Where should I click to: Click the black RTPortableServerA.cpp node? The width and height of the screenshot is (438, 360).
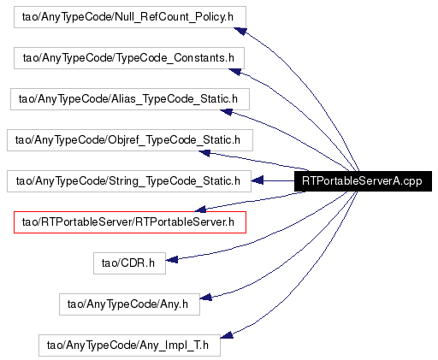coord(363,181)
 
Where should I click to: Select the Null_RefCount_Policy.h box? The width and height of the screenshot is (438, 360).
coord(130,17)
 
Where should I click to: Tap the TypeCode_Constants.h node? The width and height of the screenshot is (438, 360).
coord(129,58)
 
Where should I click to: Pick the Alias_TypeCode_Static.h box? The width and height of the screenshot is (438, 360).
coord(130,99)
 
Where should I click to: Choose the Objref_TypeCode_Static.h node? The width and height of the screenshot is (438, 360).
coord(130,140)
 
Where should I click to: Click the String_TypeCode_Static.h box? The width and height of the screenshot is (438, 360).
coord(129,181)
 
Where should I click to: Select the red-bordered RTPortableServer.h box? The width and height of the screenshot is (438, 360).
coord(130,222)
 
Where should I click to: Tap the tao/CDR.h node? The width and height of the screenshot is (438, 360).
coord(129,263)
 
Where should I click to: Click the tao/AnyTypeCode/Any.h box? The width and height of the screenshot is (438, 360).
coord(129,304)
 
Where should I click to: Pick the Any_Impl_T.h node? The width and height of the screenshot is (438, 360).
coord(129,345)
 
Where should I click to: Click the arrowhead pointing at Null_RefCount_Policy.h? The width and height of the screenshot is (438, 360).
coord(240,31)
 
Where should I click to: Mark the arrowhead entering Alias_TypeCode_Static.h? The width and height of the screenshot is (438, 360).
coord(227,112)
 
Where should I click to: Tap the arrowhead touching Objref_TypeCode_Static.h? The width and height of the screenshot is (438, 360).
coord(204,153)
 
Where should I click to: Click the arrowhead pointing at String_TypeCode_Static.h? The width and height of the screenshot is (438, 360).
coord(257,180)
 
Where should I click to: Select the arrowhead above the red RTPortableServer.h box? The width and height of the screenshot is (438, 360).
coord(200,210)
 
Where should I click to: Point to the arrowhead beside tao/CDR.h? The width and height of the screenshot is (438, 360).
coord(172,259)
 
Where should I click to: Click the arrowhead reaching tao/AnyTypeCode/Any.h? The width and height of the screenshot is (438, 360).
coord(206,298)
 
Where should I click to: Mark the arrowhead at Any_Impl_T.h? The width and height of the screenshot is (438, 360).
coord(227,335)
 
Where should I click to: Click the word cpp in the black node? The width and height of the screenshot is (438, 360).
coord(412,181)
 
